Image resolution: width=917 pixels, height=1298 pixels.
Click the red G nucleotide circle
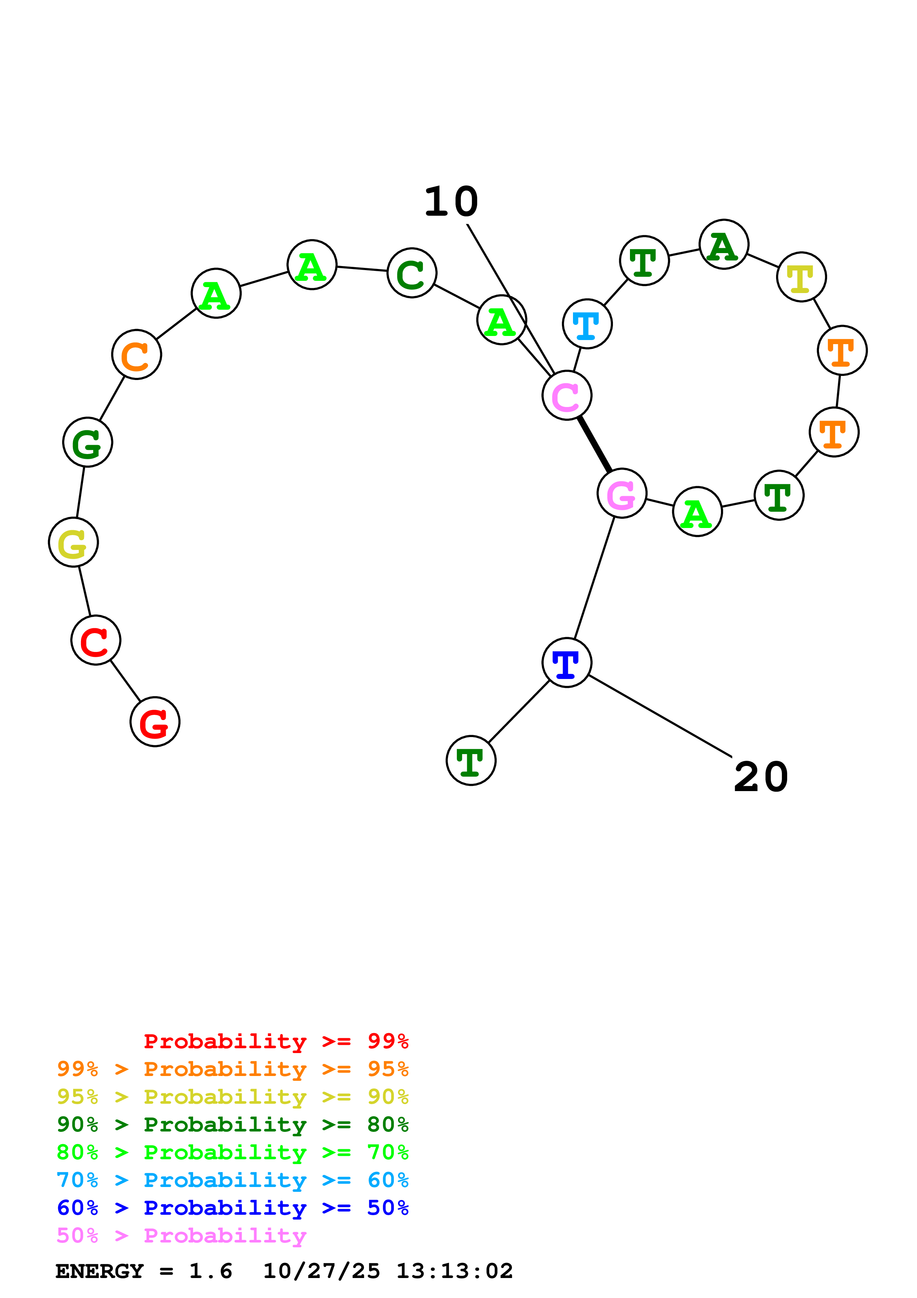click(x=155, y=722)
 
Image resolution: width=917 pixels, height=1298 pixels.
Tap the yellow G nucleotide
click(x=74, y=542)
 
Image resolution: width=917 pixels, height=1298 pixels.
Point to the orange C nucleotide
click(x=137, y=354)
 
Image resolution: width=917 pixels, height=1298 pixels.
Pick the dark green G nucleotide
click(x=88, y=442)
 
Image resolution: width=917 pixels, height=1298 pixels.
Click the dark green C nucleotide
click(x=412, y=273)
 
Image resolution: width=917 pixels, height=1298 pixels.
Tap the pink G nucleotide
click(x=621, y=493)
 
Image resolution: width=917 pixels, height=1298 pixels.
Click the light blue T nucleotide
click(x=587, y=324)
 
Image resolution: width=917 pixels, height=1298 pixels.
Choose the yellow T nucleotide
click(x=801, y=277)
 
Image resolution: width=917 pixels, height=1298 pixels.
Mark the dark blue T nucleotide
click(x=567, y=663)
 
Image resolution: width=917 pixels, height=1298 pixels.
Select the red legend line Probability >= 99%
click(x=276, y=1041)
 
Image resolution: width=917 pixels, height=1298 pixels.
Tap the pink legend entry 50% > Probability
click(x=181, y=1236)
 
